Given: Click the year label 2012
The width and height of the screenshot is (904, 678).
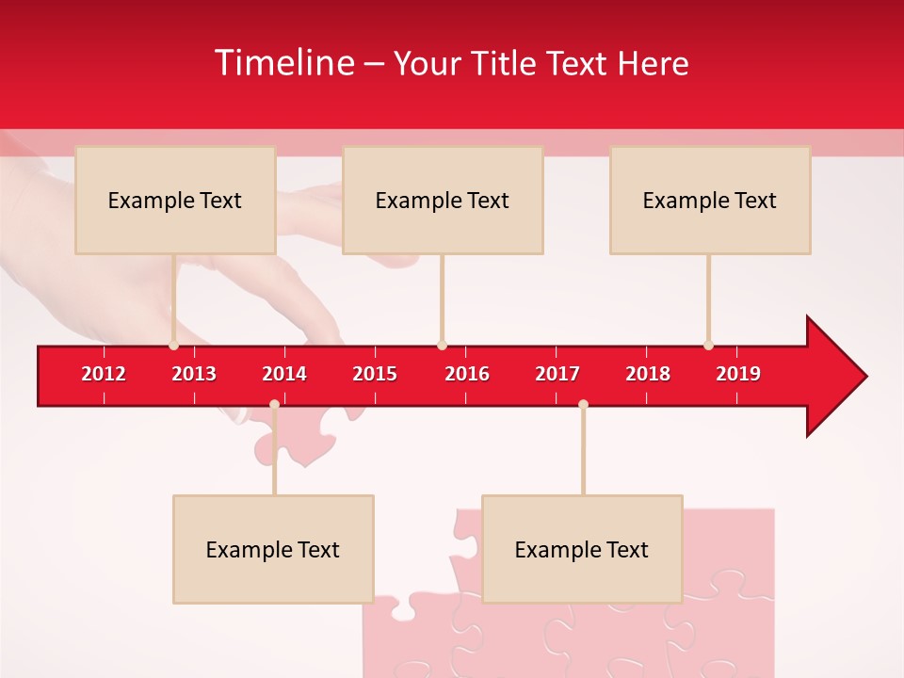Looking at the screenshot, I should pos(104,374).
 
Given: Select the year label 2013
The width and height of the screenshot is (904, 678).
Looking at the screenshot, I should pos(194,374).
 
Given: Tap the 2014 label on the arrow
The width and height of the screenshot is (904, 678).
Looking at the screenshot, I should pos(284,374).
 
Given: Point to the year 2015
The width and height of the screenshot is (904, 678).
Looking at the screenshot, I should pos(375,374).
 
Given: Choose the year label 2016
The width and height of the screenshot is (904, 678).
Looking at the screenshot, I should pos(467,374).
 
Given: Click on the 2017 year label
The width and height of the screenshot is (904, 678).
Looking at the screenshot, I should pos(557,374).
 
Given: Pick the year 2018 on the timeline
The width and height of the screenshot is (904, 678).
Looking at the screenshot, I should pos(648,374).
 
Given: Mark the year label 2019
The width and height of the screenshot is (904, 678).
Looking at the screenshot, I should pos(738,374).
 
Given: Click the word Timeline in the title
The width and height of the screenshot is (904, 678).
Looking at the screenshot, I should pos(283,63).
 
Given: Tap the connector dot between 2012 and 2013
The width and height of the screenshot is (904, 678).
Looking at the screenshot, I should pos(173,345).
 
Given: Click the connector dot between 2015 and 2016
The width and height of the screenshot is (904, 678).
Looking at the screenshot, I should pos(442,345).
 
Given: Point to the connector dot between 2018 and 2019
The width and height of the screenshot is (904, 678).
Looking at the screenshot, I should pos(708,345).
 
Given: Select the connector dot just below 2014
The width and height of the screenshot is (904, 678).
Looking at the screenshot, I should pos(274,404).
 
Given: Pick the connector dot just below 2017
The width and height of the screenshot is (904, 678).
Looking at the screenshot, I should pos(583,404).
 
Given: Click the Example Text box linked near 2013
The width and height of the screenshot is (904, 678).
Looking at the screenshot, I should pos(175,200).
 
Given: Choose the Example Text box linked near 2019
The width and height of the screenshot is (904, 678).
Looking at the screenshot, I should pos(710,200).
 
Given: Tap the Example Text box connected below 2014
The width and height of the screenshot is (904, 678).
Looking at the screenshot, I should pos(273,549).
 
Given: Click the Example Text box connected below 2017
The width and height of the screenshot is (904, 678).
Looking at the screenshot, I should pos(582,549).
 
